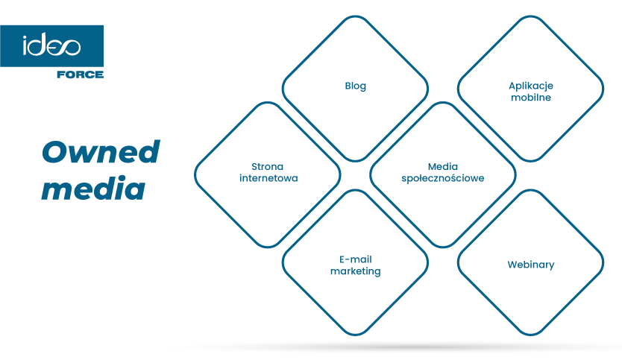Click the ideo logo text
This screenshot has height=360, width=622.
[x=51, y=45]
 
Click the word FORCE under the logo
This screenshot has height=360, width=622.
[x=80, y=75]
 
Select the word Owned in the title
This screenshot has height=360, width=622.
[x=101, y=152]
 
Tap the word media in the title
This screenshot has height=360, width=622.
[x=93, y=188]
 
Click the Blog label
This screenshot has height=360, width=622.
[x=356, y=86]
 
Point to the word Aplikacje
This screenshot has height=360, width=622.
[x=531, y=86]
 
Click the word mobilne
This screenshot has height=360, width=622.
[x=531, y=97]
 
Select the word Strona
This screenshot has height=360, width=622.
[x=267, y=166]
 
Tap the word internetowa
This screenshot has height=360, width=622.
[x=268, y=178]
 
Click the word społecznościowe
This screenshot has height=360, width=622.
[x=443, y=178]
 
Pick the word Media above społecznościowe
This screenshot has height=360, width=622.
[x=443, y=166]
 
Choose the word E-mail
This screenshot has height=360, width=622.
[x=356, y=259]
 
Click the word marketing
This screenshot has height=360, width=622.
[x=356, y=271]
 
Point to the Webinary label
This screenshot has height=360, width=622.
[x=531, y=265]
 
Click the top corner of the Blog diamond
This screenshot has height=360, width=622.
[x=356, y=16]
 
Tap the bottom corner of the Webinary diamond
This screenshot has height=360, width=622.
[x=531, y=335]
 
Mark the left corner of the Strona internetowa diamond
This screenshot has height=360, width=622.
[x=195, y=175]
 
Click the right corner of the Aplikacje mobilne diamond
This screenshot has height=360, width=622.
[x=603, y=89]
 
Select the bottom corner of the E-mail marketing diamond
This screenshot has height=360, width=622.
[x=356, y=335]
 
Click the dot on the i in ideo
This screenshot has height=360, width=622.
[x=25, y=37]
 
